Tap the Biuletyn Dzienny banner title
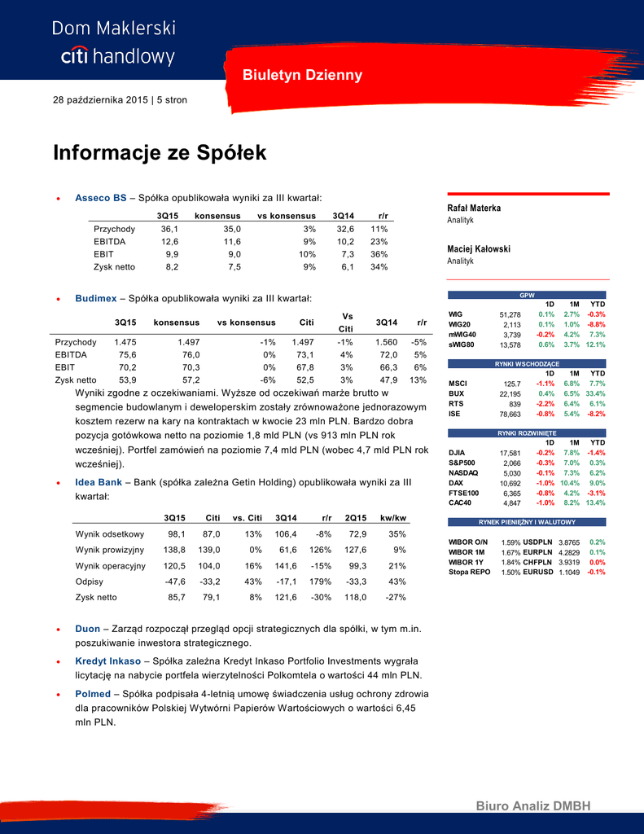pos(302,76)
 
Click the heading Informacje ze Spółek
pos(160,153)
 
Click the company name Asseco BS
pos(100,197)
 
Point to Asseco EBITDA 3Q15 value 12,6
pos(169,241)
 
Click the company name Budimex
pos(96,299)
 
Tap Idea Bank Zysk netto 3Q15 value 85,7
pos(175,597)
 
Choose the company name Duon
pos(88,629)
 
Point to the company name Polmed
pos(93,693)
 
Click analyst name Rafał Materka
pos(474,208)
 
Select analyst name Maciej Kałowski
pos(479,248)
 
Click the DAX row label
pos(456,483)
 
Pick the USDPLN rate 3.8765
pos(568,542)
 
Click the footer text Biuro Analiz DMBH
pos(533,805)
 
